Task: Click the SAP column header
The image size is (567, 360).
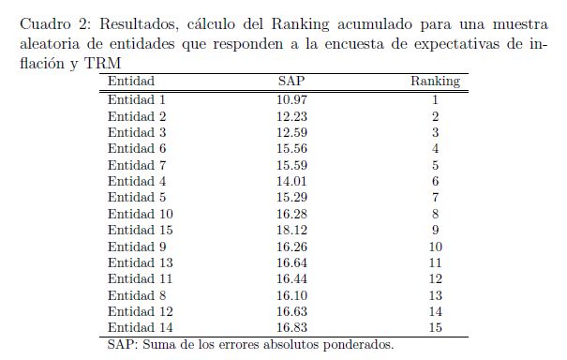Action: pyautogui.click(x=291, y=81)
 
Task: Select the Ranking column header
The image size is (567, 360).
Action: pyautogui.click(x=436, y=81)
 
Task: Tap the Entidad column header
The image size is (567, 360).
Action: pyautogui.click(x=131, y=81)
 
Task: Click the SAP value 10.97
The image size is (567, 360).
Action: pyautogui.click(x=291, y=99)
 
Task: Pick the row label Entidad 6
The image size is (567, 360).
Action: pyautogui.click(x=137, y=148)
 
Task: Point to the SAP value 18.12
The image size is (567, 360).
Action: pyautogui.click(x=291, y=230)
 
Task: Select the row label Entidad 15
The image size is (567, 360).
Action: pyautogui.click(x=141, y=230)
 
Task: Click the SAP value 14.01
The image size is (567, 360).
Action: pyautogui.click(x=291, y=181)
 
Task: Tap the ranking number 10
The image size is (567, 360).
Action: pyautogui.click(x=436, y=247)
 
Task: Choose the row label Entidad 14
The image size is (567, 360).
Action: pyautogui.click(x=141, y=327)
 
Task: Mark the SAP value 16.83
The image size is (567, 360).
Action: pyautogui.click(x=291, y=327)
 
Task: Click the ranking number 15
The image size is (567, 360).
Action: pyautogui.click(x=436, y=327)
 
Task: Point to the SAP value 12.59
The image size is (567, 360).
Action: pyautogui.click(x=291, y=132)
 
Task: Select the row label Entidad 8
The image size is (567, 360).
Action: pyautogui.click(x=137, y=295)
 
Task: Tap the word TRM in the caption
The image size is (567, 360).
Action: pyautogui.click(x=103, y=64)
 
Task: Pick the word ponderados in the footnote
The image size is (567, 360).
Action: pyautogui.click(x=358, y=344)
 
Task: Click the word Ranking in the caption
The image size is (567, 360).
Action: pyautogui.click(x=300, y=24)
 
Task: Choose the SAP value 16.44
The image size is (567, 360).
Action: pyautogui.click(x=291, y=278)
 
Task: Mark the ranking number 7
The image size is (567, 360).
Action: pyautogui.click(x=436, y=197)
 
